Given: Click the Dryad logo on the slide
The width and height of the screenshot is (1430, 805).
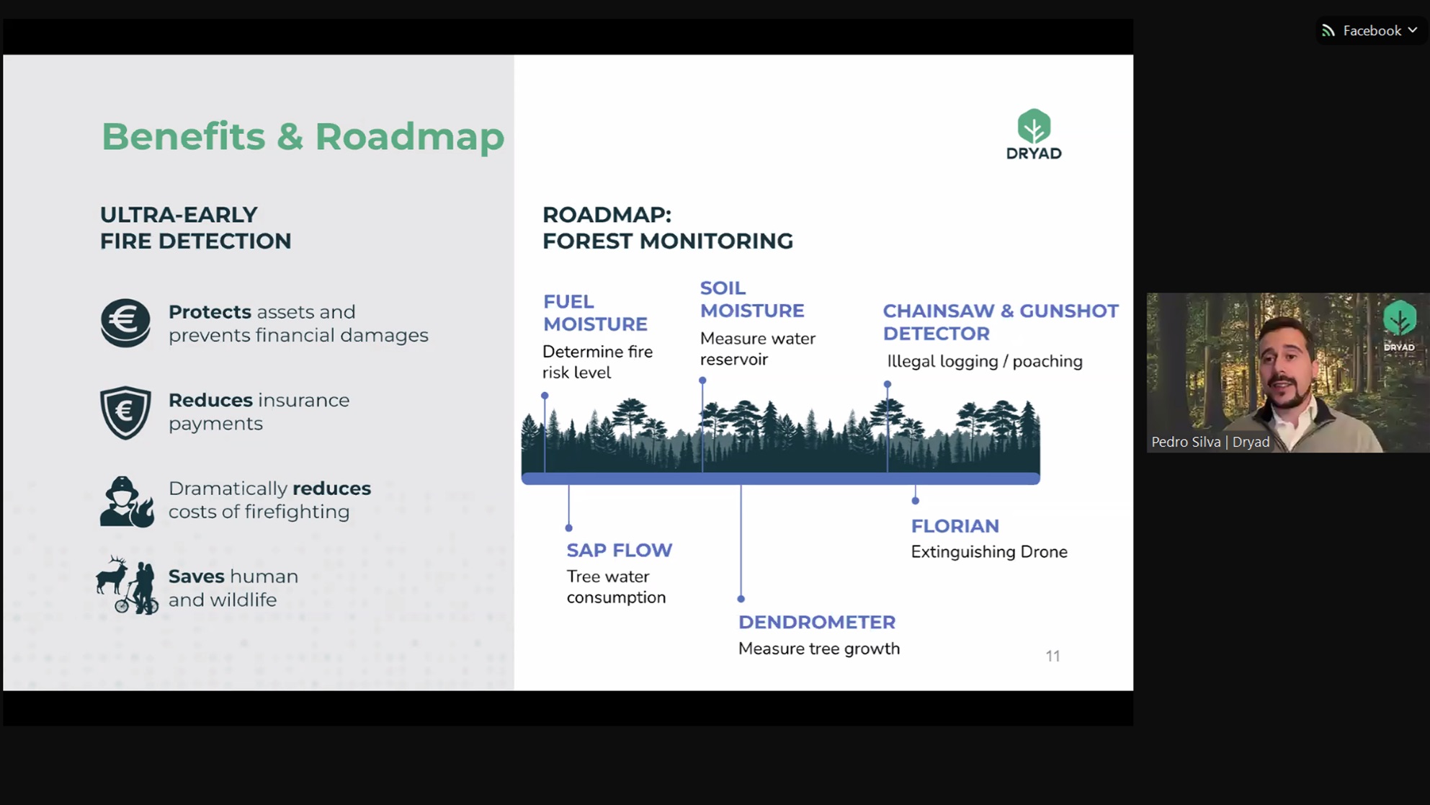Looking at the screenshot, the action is pos(1034,134).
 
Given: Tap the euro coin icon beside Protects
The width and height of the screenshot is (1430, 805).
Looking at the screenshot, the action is pos(125,323).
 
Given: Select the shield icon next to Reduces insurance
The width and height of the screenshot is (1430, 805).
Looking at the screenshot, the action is pos(125,412).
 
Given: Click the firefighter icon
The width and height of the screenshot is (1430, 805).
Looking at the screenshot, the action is pos(127,502).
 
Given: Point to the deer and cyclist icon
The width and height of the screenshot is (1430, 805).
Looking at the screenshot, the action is pos(127,585).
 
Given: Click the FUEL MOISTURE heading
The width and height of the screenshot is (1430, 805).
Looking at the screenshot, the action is pos(595,313).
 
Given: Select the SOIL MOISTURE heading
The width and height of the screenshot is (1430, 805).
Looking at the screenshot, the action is pos(752,299).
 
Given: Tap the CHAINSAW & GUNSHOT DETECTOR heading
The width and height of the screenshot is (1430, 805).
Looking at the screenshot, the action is pos(1001,322).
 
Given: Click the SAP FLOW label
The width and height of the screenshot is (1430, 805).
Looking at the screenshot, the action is pos(620,550).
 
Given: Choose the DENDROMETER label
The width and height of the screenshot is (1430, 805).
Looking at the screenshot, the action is pos(817,622).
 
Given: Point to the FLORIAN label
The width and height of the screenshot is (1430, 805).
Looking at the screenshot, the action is pos(955,526).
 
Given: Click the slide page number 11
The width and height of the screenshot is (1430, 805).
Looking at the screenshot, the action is pos(1053,656).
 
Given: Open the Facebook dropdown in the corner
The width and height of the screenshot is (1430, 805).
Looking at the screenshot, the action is pos(1371,30).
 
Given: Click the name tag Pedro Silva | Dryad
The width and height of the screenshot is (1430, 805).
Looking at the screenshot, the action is pos(1210,442).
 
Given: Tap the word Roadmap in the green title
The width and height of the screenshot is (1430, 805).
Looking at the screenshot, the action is pos(409,137).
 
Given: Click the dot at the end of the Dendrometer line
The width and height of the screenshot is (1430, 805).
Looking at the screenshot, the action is pos(741,599).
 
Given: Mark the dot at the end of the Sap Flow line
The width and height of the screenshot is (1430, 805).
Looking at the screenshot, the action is pos(568,528).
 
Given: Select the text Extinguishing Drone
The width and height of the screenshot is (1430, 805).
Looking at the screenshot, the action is pos(989,552).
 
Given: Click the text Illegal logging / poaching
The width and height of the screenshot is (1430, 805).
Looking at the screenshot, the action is pos(985,361).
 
